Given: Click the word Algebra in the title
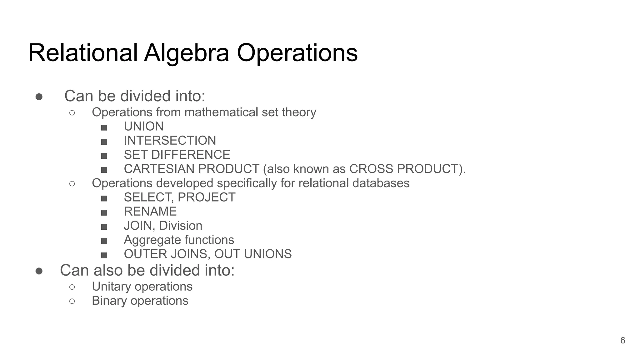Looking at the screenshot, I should tap(187, 53).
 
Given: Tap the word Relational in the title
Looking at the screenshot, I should tap(83, 53).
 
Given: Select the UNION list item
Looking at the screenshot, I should tap(143, 127).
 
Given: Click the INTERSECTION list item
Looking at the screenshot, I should tap(170, 141).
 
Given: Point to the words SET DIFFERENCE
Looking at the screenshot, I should tap(177, 155).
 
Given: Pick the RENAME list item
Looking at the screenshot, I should tap(150, 212).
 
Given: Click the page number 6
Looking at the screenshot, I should tap(622, 340).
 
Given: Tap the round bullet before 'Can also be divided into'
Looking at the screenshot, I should tap(39, 271).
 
